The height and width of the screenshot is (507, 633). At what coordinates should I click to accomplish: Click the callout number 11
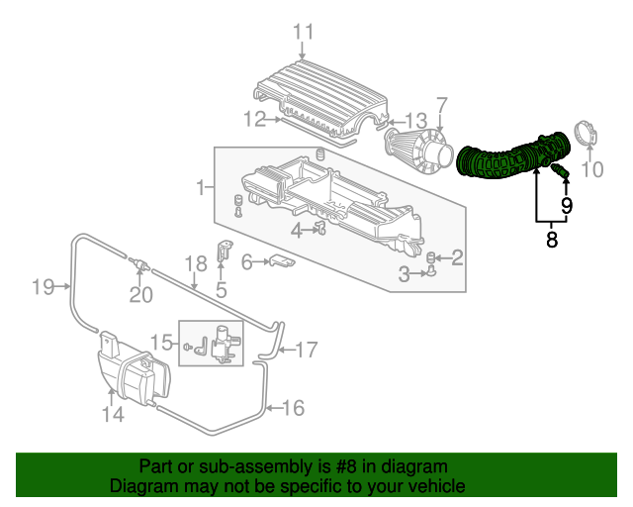coord(304,32)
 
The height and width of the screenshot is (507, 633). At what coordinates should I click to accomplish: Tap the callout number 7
coord(442,106)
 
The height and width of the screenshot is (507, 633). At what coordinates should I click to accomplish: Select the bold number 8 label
coord(552,239)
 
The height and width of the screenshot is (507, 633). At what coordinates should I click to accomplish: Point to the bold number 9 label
coord(567,205)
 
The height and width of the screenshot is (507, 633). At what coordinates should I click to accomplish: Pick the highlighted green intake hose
coord(512,156)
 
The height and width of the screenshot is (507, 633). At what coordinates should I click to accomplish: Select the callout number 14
coord(113,414)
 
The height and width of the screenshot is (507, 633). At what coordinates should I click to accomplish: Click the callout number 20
coord(140,294)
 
